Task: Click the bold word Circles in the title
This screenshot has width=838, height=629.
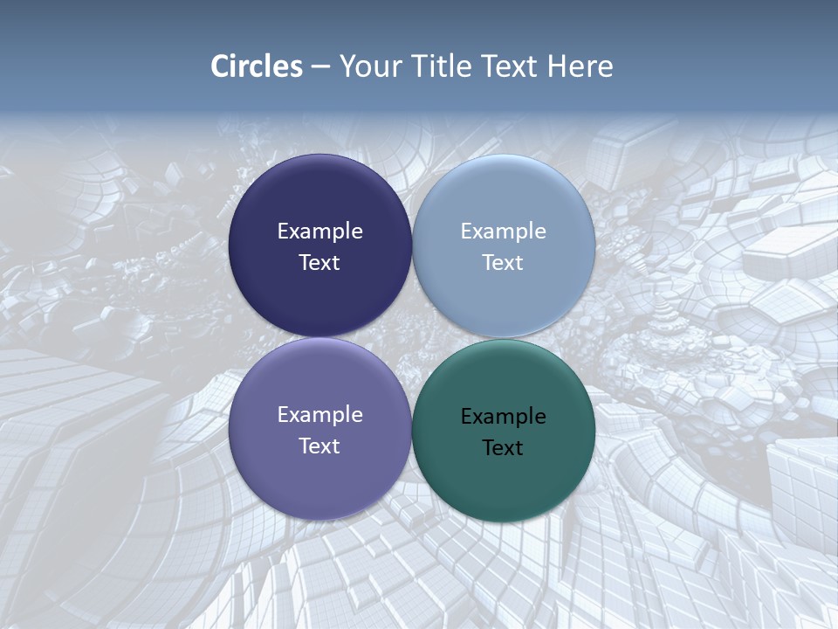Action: tap(257, 66)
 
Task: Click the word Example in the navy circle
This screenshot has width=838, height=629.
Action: tap(319, 232)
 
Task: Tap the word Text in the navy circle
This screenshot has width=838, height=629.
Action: tap(319, 263)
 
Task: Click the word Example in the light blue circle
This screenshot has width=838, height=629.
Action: tap(503, 232)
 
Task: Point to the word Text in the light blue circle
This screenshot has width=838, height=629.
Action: tap(503, 263)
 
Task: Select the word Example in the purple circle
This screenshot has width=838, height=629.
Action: tap(319, 415)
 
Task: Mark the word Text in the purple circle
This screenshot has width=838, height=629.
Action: tap(319, 446)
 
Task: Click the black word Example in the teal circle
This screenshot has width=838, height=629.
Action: tap(503, 417)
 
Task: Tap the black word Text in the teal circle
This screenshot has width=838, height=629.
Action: tap(503, 448)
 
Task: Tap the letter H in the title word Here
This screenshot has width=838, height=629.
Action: tap(556, 66)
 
